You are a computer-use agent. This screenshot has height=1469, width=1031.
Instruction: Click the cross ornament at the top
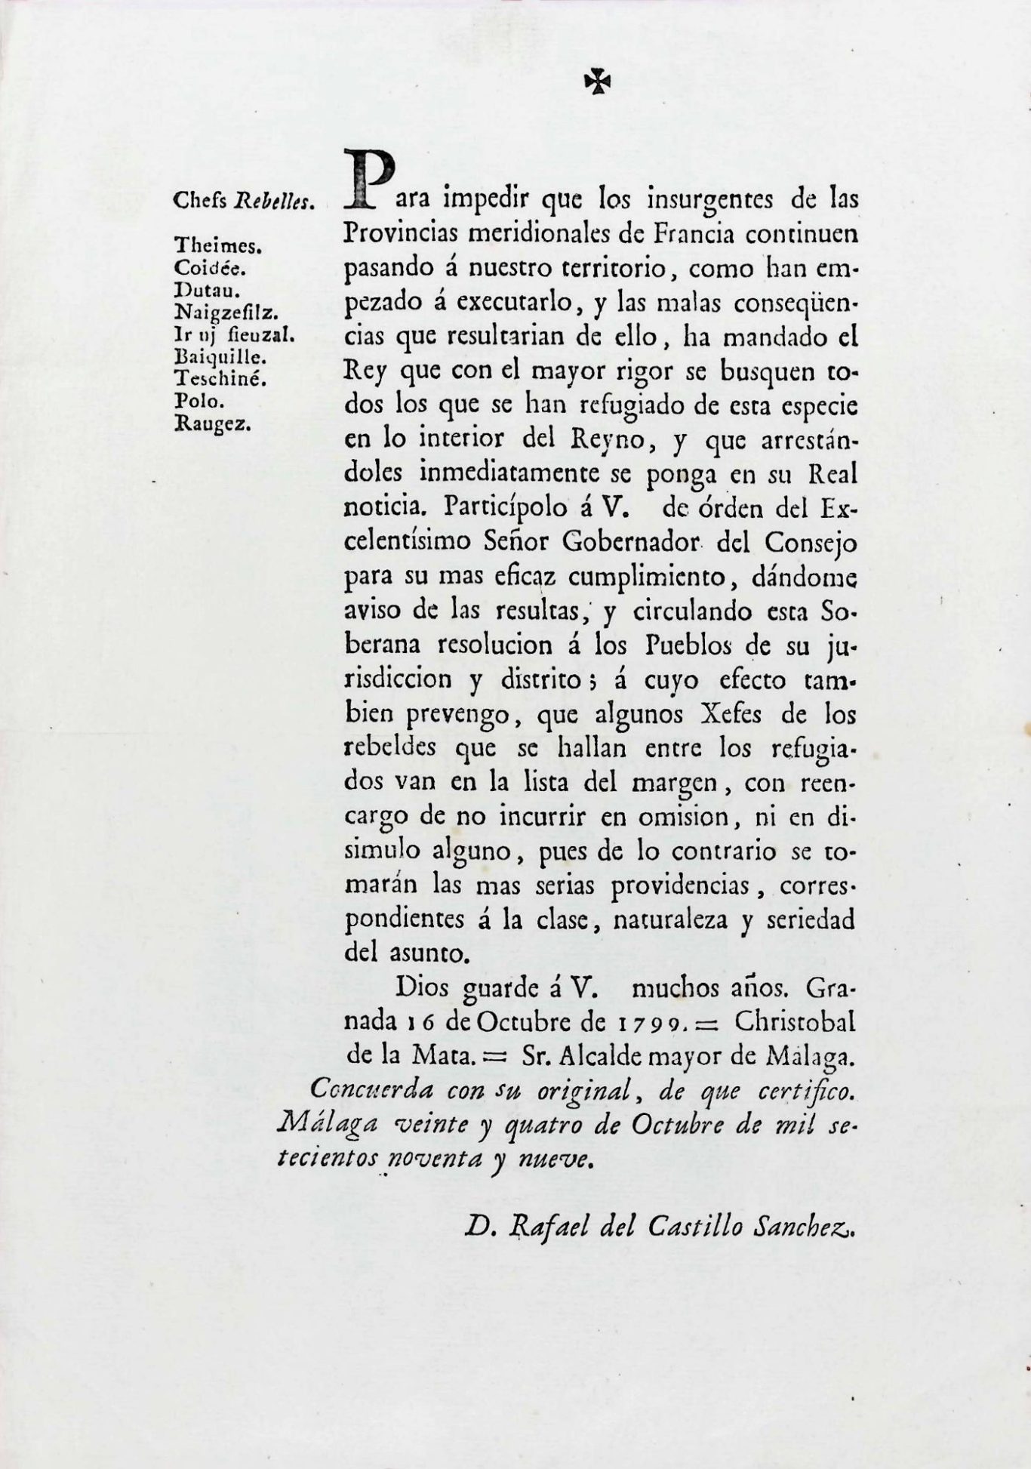point(597,82)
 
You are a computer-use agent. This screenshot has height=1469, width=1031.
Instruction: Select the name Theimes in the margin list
point(217,245)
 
